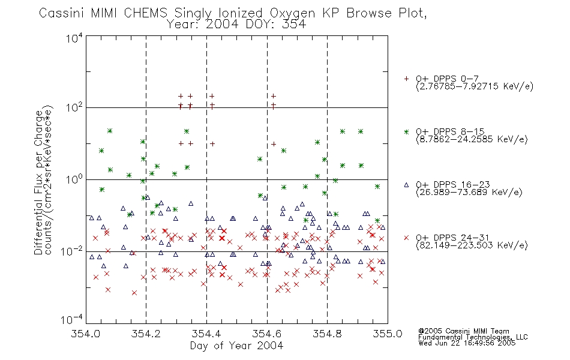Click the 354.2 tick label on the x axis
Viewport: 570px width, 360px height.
point(146,334)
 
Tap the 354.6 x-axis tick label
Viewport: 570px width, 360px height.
point(267,334)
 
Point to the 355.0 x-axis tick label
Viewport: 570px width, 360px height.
point(388,334)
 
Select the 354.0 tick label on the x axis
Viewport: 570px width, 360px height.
point(85,334)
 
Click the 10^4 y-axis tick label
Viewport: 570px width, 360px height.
point(74,38)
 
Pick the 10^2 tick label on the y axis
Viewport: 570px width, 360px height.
point(74,107)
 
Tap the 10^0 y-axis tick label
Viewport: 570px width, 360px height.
point(74,179)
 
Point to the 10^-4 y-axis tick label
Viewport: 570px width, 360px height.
point(72,320)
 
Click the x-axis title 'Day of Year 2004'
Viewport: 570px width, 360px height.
point(236,346)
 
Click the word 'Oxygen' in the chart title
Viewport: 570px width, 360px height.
point(292,13)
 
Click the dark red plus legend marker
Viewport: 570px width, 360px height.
point(406,79)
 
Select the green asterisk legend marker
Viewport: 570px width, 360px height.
point(406,131)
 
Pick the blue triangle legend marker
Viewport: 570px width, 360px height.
point(406,185)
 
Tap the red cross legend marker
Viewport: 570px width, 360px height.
point(406,238)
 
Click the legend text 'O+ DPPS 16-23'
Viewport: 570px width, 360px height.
point(453,184)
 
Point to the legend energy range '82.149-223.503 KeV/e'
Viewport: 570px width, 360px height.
point(472,245)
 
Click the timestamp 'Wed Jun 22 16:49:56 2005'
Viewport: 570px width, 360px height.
point(467,343)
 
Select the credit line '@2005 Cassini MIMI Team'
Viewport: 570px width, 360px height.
point(463,331)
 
